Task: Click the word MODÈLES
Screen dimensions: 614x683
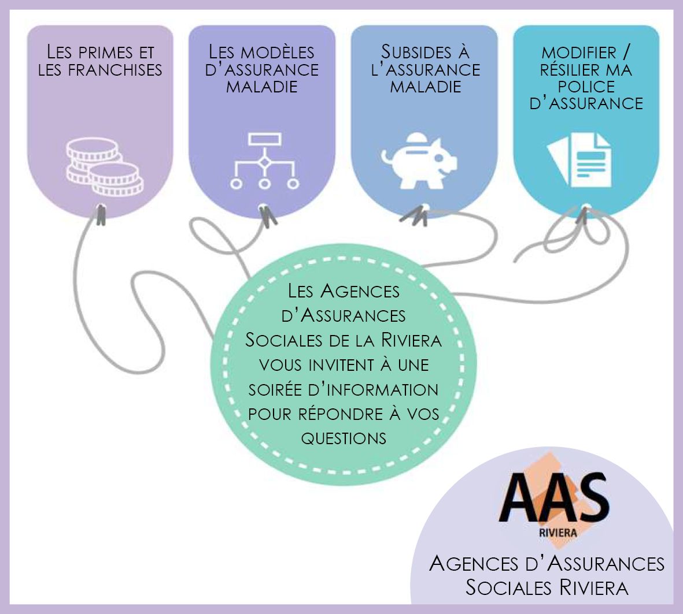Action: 278,52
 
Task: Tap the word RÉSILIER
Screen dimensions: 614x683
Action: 570,70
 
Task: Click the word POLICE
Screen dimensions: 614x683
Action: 586,87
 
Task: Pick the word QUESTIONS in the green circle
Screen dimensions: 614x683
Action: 344,438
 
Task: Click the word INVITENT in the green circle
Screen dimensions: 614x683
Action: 341,365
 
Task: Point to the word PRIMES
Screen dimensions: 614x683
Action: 105,52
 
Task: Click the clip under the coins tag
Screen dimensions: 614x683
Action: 102,214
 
